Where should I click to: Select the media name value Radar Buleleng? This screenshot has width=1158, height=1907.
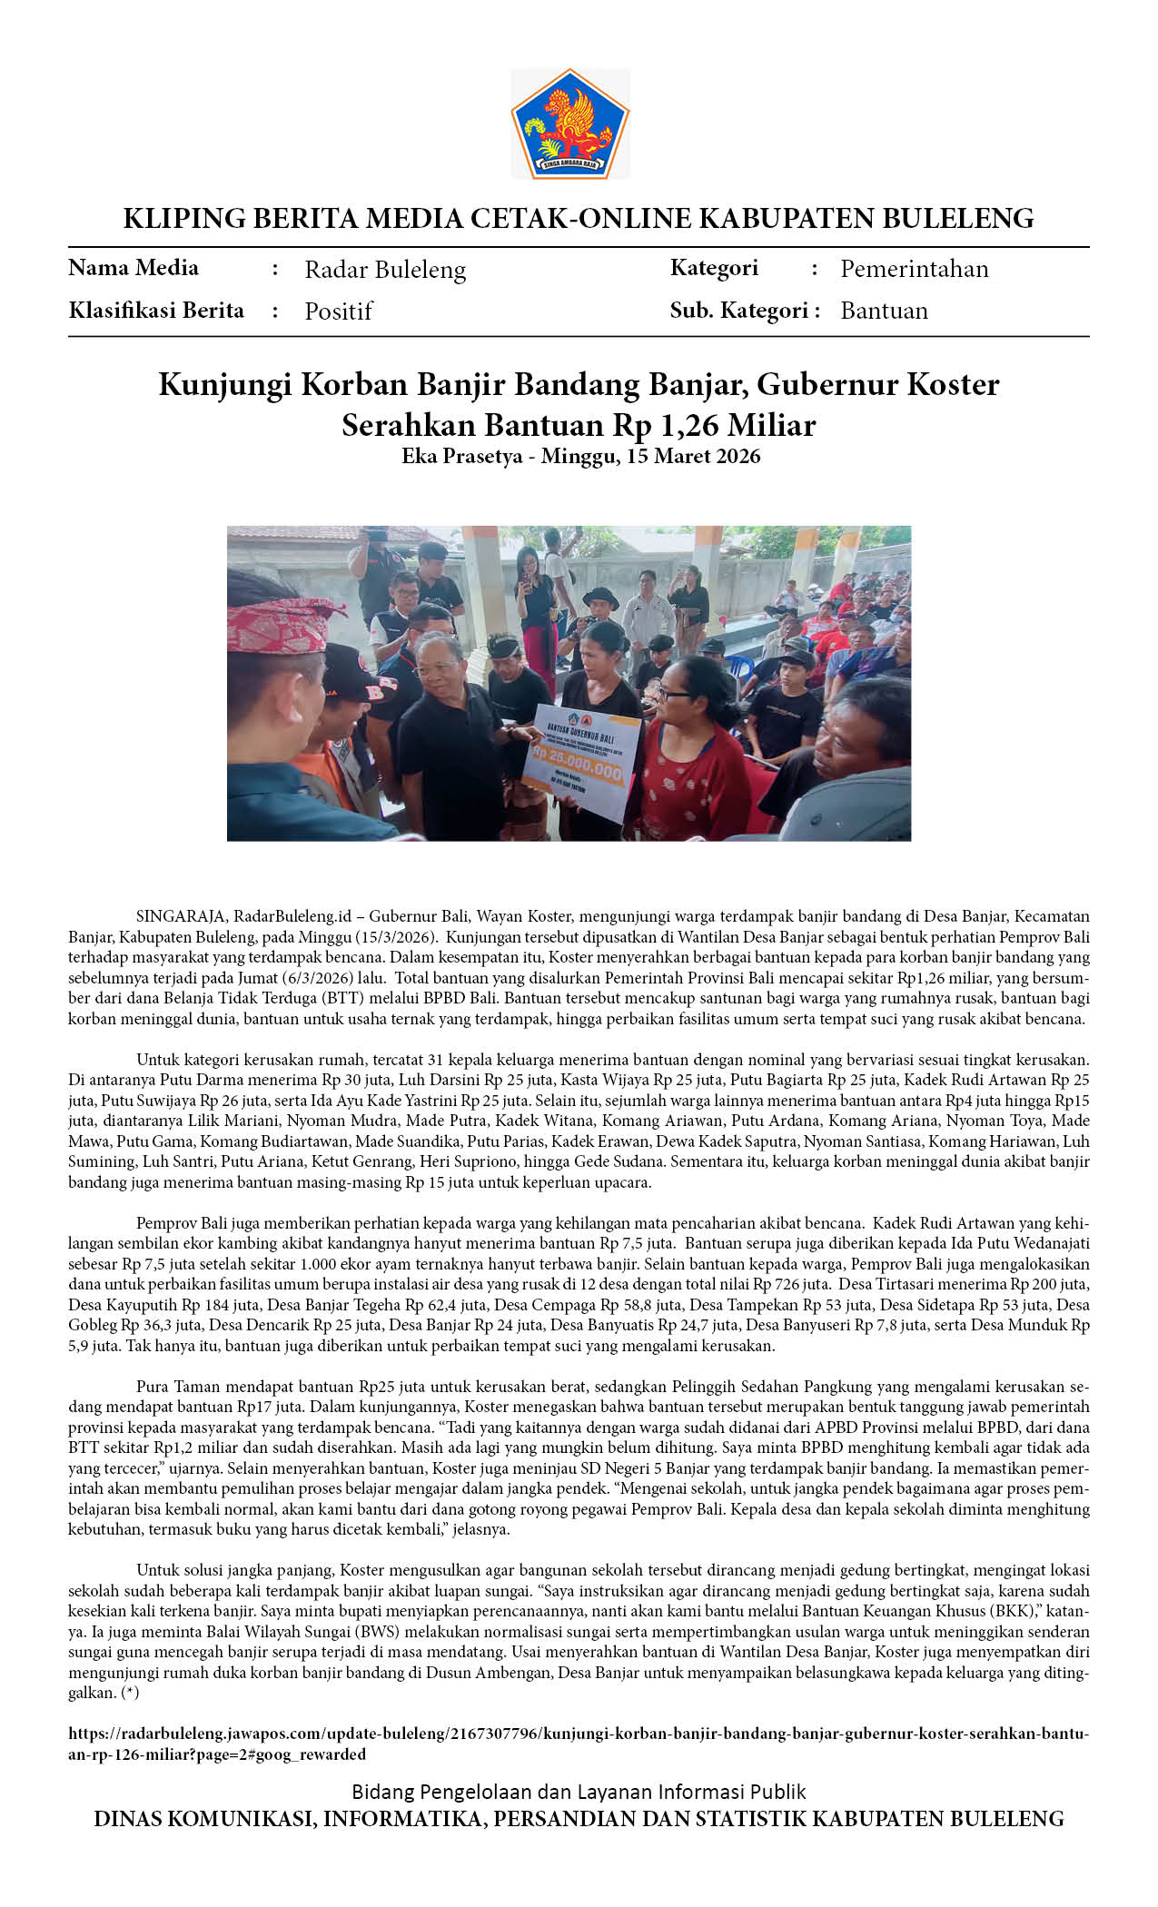click(385, 270)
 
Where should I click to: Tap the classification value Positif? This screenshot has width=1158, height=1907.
click(338, 311)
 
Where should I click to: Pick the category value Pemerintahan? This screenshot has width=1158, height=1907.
click(914, 269)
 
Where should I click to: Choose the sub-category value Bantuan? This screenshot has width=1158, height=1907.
click(884, 311)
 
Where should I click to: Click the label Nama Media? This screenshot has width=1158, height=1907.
click(134, 268)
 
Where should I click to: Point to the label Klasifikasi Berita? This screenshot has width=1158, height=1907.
click(156, 311)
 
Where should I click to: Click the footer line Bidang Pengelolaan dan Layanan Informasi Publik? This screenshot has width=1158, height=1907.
click(579, 1792)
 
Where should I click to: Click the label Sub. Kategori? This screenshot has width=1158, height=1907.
click(739, 311)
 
